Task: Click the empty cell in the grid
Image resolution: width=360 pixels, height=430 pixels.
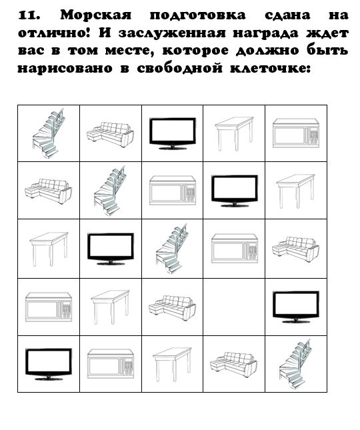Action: click(x=234, y=307)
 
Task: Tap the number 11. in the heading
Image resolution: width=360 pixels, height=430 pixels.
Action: click(x=29, y=15)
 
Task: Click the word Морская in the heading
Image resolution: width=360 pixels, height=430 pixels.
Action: click(x=96, y=15)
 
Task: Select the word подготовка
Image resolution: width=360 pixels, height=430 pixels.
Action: click(x=198, y=15)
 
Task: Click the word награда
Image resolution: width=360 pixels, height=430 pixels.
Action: click(x=265, y=33)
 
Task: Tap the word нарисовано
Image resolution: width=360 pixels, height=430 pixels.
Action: click(x=65, y=68)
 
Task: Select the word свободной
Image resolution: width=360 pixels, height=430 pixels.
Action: click(x=179, y=68)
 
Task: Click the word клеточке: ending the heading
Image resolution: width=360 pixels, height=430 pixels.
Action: click(x=271, y=68)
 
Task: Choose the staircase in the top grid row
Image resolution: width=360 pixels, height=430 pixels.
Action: click(x=49, y=133)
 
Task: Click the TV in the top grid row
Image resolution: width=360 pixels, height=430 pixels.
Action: click(x=173, y=133)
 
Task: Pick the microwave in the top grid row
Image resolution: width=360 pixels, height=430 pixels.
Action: click(x=296, y=133)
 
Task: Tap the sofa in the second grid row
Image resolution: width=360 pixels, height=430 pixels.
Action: click(x=49, y=191)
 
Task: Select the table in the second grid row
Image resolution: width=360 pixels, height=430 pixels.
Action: click(x=295, y=191)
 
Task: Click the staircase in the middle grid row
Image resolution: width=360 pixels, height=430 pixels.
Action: click(x=172, y=249)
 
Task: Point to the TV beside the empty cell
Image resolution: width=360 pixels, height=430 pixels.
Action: click(x=296, y=307)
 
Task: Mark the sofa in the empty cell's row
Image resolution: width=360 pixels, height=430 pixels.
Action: click(x=172, y=307)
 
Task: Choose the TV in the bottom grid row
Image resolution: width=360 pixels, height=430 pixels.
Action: click(x=49, y=364)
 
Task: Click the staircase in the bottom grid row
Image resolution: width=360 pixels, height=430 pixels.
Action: click(x=295, y=364)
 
